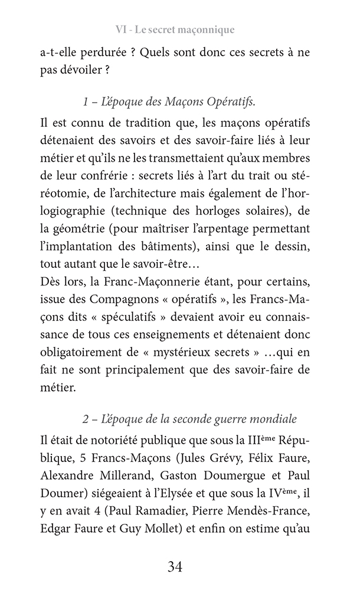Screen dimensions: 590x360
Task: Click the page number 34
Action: point(175,568)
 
